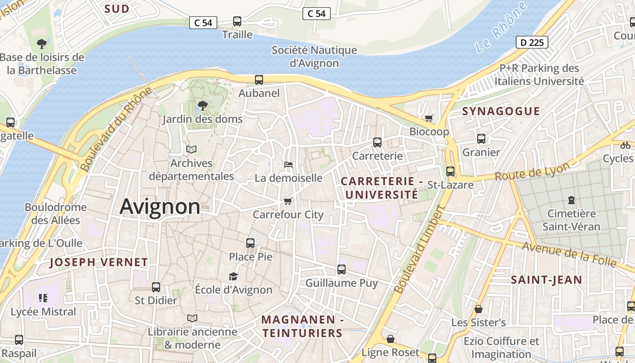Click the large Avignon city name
(x=160, y=207)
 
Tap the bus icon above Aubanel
(x=259, y=80)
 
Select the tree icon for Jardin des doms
(x=203, y=106)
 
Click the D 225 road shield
(x=532, y=43)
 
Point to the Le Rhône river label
(x=501, y=27)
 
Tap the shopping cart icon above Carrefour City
(x=288, y=201)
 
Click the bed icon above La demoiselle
(x=288, y=165)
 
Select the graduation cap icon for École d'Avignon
(x=233, y=276)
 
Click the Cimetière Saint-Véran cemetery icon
(x=571, y=200)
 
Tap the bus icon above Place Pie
(x=250, y=243)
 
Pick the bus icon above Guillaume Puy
(x=342, y=270)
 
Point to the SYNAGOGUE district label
(x=501, y=111)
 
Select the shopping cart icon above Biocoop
(x=429, y=118)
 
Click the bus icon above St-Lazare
(x=450, y=172)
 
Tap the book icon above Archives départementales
(x=191, y=149)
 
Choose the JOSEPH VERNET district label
(x=98, y=262)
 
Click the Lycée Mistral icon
(x=43, y=298)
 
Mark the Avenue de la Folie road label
(x=569, y=255)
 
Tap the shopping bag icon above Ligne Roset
(x=390, y=339)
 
